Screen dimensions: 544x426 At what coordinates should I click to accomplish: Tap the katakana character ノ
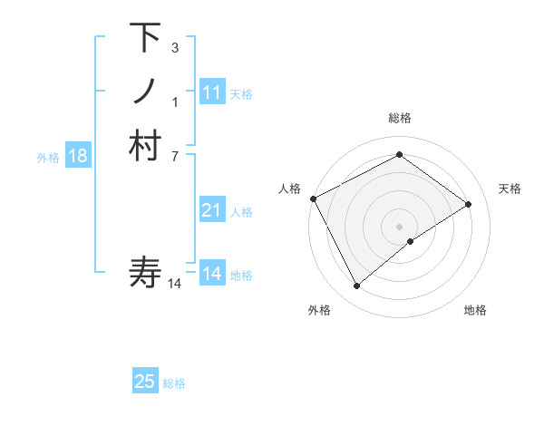pos(145,92)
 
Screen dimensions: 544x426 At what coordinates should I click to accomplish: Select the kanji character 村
pos(145,146)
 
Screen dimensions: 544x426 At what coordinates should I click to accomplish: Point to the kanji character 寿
pos(145,272)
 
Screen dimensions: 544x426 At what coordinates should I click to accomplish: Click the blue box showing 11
pos(212,92)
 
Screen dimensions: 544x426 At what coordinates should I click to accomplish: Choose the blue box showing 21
pos(212,210)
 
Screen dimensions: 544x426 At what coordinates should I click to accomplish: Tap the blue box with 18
pos(78,156)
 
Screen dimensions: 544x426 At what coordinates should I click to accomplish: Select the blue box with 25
pos(145,382)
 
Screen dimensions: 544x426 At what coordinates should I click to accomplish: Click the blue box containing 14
pos(212,274)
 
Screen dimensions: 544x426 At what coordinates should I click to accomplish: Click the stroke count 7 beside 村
pos(174,156)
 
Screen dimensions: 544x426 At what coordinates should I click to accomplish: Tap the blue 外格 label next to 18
pos(48,157)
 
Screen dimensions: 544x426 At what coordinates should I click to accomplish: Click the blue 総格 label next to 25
pos(174,382)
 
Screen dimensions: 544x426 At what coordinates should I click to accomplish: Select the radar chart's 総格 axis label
pos(399,118)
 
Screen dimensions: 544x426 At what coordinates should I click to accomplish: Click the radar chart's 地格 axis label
pos(475,310)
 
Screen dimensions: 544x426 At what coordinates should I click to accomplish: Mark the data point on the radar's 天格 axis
pos(469,204)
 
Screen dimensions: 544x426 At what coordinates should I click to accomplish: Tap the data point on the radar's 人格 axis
pos(313,198)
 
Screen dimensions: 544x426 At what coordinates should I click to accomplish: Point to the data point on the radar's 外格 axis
pos(356,286)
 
